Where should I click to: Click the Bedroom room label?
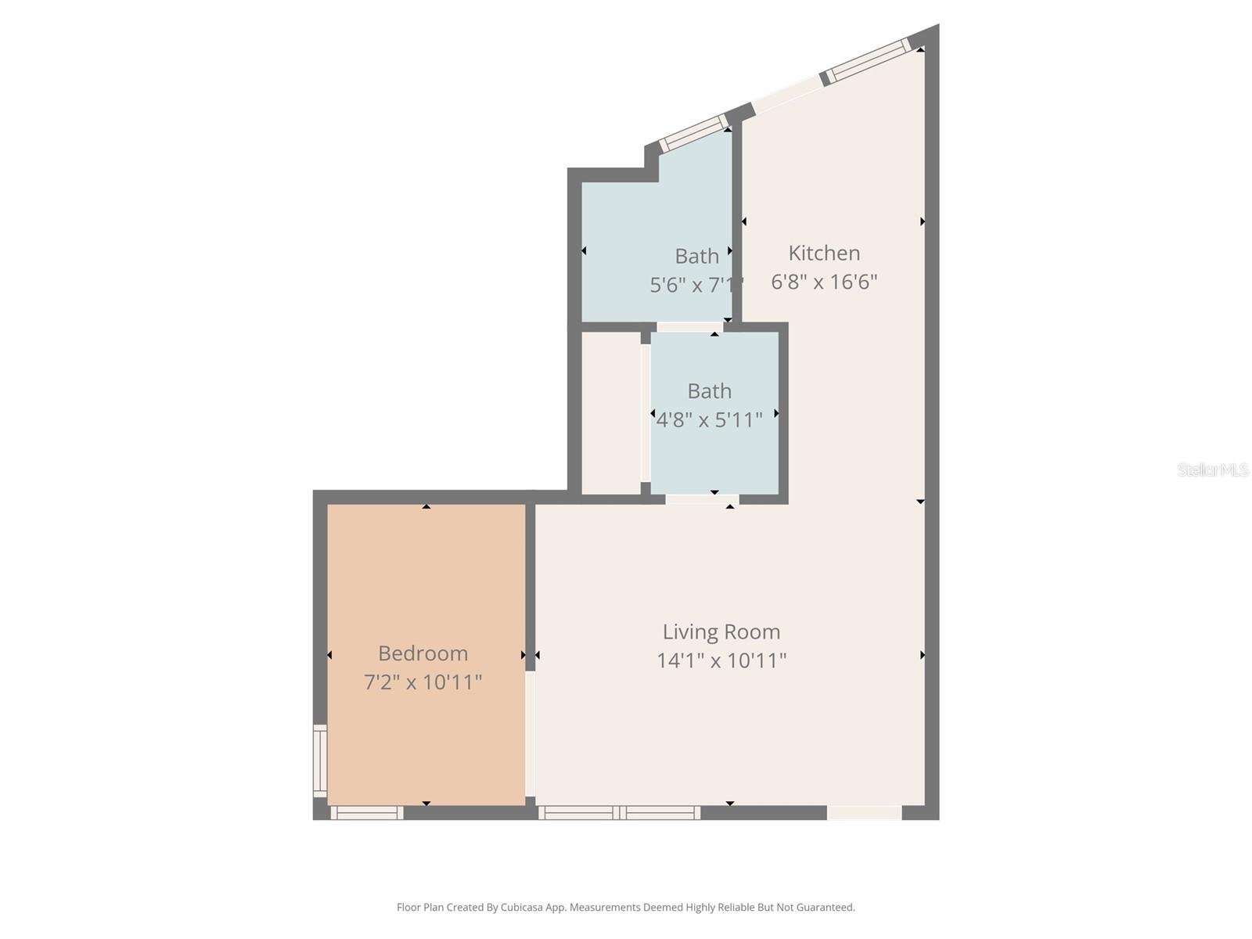pyautogui.click(x=423, y=653)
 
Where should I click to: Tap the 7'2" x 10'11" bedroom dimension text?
pyautogui.click(x=423, y=682)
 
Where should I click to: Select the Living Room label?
pyautogui.click(x=721, y=631)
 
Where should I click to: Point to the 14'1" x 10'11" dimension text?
pyautogui.click(x=721, y=660)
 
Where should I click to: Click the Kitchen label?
pyautogui.click(x=824, y=253)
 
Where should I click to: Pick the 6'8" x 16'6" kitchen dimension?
pyautogui.click(x=824, y=282)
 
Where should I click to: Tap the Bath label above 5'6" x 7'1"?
pyautogui.click(x=696, y=256)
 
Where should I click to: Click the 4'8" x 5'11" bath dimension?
pyautogui.click(x=708, y=420)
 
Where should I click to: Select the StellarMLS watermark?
pyautogui.click(x=1212, y=469)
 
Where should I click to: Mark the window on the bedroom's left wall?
pyautogui.click(x=320, y=761)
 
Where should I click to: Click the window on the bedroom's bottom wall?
pyautogui.click(x=367, y=813)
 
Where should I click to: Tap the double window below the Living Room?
pyautogui.click(x=619, y=813)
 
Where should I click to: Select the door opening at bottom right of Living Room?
pyautogui.click(x=864, y=813)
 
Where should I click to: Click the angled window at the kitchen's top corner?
pyautogui.click(x=869, y=60)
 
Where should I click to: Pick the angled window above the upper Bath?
pyautogui.click(x=693, y=133)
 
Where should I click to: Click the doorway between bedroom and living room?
pyautogui.click(x=530, y=734)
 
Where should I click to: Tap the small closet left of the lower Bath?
pyautogui.click(x=610, y=412)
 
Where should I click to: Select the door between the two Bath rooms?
pyautogui.click(x=689, y=327)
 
